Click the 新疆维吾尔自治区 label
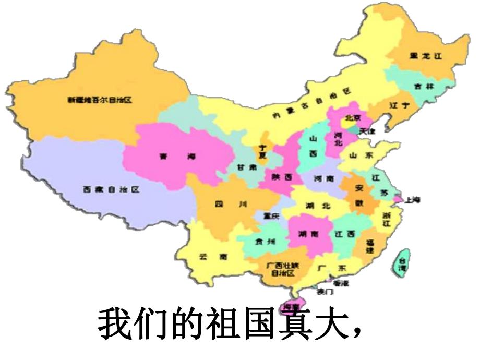coord(100,99)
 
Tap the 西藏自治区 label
coord(111,190)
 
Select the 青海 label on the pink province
coord(177,156)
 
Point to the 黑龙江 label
coord(426,57)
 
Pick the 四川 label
coord(230,205)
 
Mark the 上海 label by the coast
coord(413,200)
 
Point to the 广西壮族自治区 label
coord(282,269)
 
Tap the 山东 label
coord(362,155)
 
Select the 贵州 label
coord(263,242)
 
